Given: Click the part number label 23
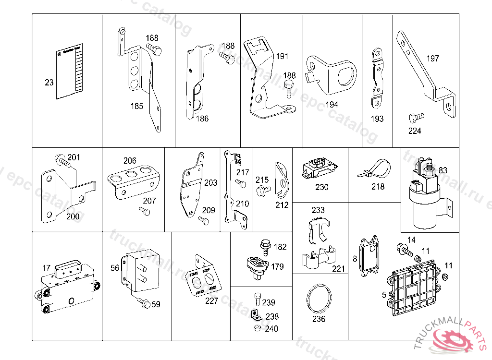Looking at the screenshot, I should pos(49,83).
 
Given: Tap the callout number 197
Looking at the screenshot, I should pos(432,59).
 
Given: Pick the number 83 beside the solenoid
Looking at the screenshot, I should pos(443,170).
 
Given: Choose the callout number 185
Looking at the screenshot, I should pos(137,106).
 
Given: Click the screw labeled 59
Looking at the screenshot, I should pos(143,302).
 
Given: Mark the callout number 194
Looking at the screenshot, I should pos(332,104).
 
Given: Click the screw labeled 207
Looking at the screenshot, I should pos(143,210).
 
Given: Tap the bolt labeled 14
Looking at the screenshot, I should pos(403,249).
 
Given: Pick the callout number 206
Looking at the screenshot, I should pos(130,161).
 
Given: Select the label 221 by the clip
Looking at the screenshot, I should pos(339,269).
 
